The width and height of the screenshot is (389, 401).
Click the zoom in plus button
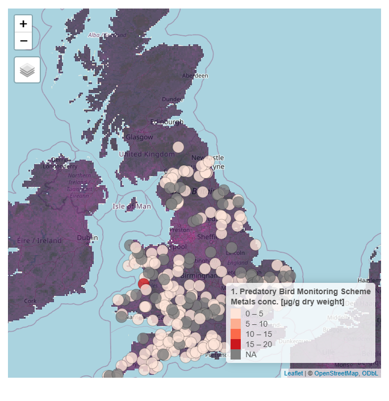pos(23,24)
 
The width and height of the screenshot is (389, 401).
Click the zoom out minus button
pos(23,41)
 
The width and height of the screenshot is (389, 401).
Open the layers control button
pos(27,70)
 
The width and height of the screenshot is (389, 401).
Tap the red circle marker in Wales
pos(144,284)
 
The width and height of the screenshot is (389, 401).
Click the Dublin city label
pos(87,237)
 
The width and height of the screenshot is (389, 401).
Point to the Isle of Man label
pos(132,206)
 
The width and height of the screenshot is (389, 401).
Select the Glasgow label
pos(139,137)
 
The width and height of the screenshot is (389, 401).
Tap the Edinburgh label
pos(167,122)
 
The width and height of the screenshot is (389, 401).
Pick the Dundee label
pos(173,99)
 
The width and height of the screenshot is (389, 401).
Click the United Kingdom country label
pos(147,154)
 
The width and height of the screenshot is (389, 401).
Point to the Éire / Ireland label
pos(39,240)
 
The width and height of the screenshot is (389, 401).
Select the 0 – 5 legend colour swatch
pos(236,314)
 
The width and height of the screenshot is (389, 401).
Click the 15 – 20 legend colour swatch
pos(236,344)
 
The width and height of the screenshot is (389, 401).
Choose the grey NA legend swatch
pos(236,354)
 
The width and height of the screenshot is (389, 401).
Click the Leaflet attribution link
pos(294,373)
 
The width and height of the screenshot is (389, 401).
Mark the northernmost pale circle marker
pos(178,147)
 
